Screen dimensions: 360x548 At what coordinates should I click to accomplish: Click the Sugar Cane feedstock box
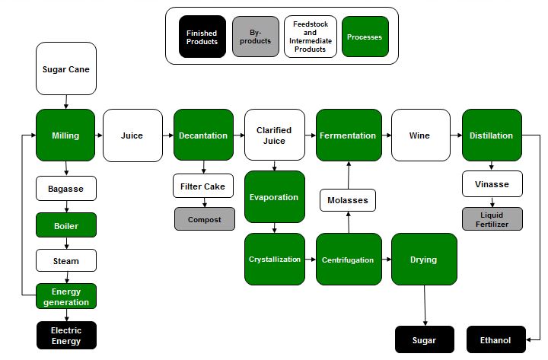point(65,69)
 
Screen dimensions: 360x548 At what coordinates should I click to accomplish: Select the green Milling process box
point(65,135)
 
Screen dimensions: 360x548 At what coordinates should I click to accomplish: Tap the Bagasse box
point(65,187)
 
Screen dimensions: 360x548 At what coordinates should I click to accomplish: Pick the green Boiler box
point(65,225)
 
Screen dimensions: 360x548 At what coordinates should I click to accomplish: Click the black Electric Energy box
point(65,335)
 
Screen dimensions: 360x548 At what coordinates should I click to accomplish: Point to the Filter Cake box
point(202,186)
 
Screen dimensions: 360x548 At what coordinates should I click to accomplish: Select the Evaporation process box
point(274,197)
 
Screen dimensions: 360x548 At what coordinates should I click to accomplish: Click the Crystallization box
point(274,260)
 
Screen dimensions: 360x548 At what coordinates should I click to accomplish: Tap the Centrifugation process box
point(347,260)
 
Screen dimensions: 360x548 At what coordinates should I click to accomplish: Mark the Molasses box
point(347,200)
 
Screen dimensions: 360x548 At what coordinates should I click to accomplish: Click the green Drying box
point(423,260)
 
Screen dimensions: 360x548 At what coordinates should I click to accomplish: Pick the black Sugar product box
point(424,339)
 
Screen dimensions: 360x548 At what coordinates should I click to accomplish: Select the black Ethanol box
point(495,339)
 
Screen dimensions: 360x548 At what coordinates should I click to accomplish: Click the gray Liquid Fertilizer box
point(492,219)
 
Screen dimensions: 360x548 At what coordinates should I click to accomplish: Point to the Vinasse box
point(492,183)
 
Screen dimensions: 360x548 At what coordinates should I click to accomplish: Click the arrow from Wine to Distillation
point(456,135)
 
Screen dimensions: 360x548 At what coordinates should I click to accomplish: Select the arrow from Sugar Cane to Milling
point(66,102)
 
